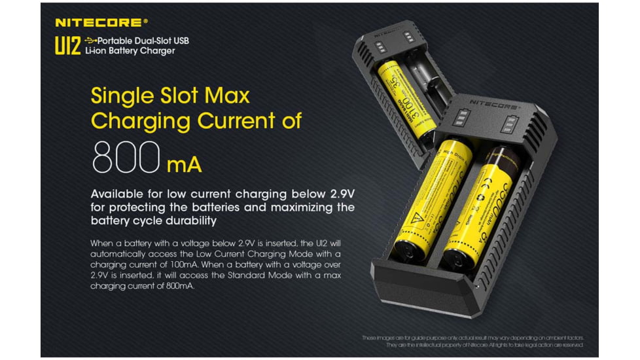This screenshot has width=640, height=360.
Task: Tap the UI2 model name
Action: coord(67,45)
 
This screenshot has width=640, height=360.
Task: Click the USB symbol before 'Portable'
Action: coord(90,41)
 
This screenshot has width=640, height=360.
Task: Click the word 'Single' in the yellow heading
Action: coord(121,96)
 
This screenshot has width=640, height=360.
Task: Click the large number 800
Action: coord(125,157)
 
